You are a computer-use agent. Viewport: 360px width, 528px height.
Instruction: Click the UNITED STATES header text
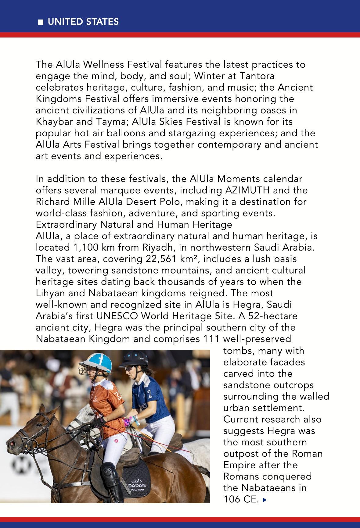point(83,22)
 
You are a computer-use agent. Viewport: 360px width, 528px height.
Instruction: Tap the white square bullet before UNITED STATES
point(41,22)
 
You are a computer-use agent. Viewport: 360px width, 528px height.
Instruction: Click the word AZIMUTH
point(247,190)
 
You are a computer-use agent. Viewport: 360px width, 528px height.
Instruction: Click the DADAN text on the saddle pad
point(137,485)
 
